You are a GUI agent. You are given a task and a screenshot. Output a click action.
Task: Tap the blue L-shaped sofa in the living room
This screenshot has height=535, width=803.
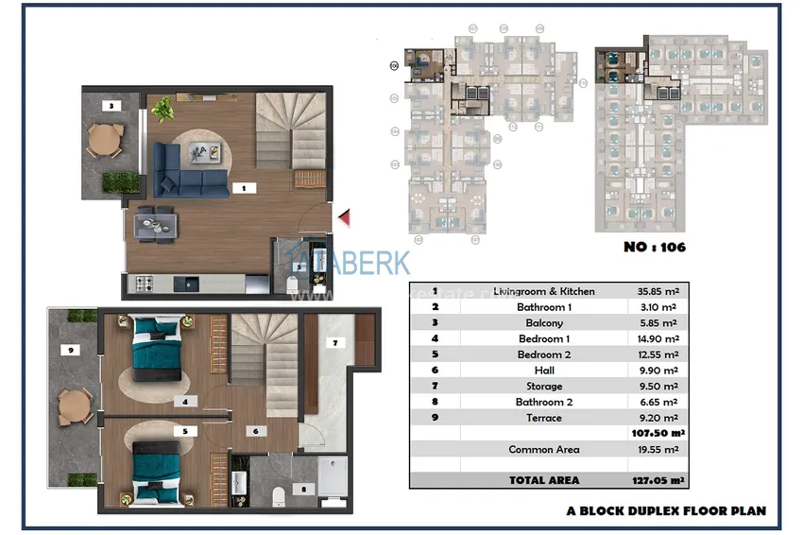pos(189,168)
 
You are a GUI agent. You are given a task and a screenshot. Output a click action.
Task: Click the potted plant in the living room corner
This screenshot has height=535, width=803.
pos(162,109)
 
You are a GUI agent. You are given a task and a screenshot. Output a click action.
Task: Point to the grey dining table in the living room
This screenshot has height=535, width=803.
pos(156,224)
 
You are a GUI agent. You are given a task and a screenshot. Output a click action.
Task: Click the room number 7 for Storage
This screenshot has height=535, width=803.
pos(332,342)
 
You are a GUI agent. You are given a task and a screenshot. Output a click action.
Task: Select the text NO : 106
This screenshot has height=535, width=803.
pos(655,248)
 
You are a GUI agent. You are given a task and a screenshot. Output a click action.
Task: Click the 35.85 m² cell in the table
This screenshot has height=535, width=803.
pos(657,292)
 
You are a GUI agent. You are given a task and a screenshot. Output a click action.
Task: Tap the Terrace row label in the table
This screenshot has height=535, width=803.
pos(543,418)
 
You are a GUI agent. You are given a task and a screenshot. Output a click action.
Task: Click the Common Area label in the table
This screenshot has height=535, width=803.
pos(543,450)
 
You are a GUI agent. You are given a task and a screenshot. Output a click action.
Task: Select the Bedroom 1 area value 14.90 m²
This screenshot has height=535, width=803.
pos(657,338)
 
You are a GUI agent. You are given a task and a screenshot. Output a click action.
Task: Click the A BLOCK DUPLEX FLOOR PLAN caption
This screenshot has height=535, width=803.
pos(666,510)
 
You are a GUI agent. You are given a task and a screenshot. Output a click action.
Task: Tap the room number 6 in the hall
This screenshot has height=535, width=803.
pos(255,431)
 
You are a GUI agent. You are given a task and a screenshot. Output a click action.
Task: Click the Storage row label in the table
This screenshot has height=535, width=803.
pos(543,387)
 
